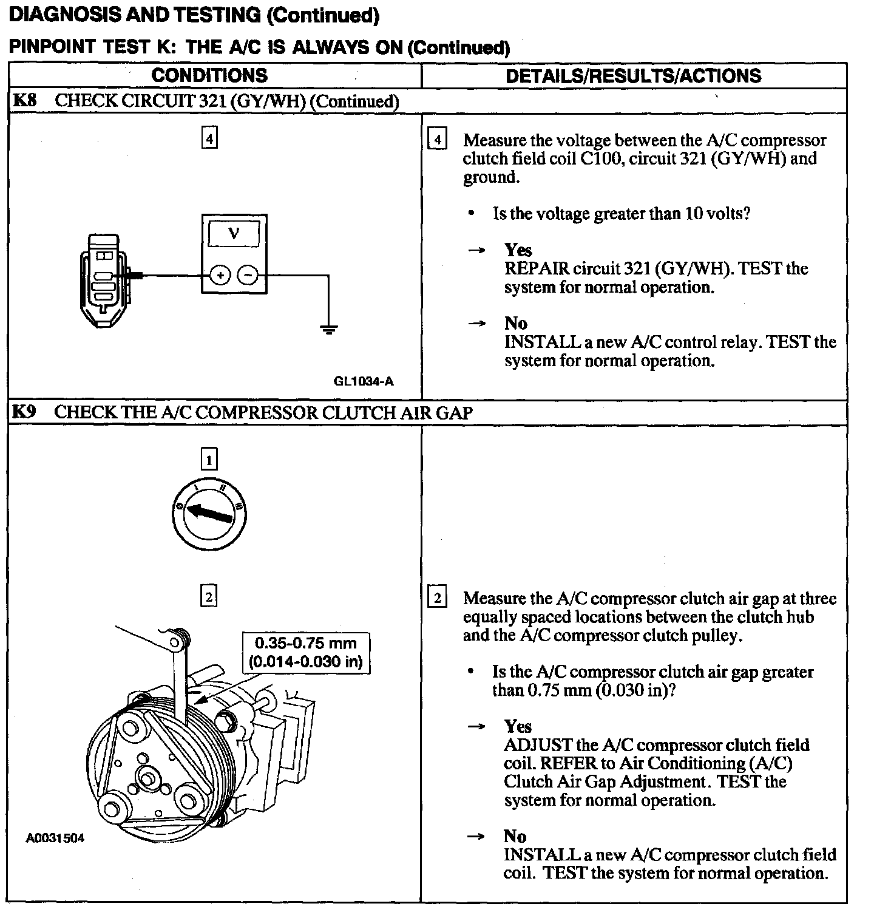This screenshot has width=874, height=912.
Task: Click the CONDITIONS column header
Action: [x=209, y=75]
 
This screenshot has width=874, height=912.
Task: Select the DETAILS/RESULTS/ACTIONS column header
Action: [x=633, y=75]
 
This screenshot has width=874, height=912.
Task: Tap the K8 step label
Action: [x=24, y=101]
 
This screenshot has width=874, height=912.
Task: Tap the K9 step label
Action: [x=24, y=412]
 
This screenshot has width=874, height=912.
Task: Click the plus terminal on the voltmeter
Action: [x=220, y=276]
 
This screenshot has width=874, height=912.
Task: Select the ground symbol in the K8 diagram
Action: [x=328, y=330]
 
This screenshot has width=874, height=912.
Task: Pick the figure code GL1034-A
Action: [x=364, y=381]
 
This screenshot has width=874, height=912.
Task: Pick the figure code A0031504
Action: [x=55, y=839]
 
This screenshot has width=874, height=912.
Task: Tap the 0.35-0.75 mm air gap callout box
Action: [x=306, y=652]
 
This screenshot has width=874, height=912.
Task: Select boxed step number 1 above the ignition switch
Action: [x=209, y=459]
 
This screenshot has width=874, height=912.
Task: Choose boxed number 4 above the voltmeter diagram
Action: [x=209, y=139]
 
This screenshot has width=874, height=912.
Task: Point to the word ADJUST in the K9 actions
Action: [x=538, y=745]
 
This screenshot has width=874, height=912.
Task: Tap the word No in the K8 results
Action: [x=515, y=323]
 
